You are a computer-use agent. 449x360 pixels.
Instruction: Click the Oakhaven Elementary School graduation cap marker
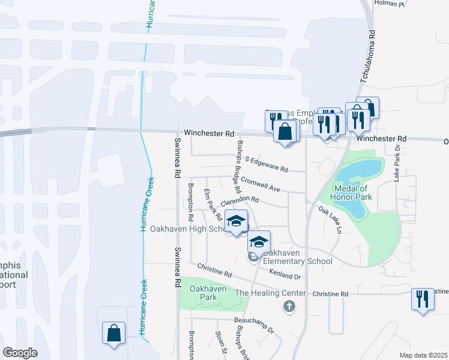tap(259, 241)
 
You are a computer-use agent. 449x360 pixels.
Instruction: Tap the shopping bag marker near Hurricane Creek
tap(113, 333)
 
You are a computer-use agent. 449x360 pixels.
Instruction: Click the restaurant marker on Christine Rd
tap(423, 298)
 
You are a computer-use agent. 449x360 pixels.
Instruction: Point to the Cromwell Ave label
tap(260, 184)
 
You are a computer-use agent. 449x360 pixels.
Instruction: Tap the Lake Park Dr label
tap(397, 163)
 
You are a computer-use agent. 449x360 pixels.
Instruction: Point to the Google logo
tap(20, 353)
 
